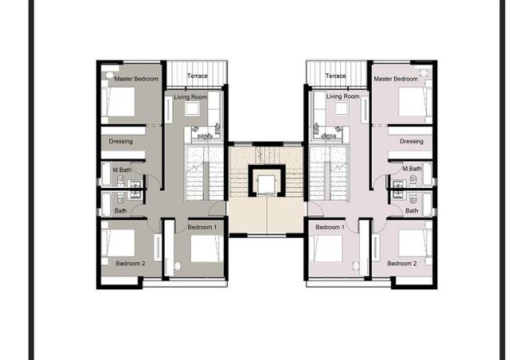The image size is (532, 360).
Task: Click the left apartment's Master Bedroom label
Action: pos(136,79)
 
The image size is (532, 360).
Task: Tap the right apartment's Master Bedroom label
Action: pos(396,79)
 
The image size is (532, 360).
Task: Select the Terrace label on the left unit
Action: pos(198,76)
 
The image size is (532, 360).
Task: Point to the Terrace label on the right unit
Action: pos(335,76)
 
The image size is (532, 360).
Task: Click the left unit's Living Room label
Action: pos(190,97)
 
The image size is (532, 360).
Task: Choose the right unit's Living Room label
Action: pos(342,96)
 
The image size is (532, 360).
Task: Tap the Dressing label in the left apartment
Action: pos(120,141)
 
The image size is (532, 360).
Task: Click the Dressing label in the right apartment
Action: pos(411,141)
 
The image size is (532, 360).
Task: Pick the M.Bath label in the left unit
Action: pos(122,170)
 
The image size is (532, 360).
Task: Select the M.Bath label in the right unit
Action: pos(413,168)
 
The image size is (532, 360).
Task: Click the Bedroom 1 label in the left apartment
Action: pos(201,227)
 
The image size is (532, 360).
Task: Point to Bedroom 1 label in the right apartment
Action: pos(330,227)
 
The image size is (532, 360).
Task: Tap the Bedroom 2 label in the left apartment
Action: pos(131,264)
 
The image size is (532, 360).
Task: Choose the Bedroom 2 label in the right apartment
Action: pos(402,264)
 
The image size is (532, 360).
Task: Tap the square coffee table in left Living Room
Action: pos(192,109)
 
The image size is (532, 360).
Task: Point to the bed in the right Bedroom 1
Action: pos(326,248)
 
